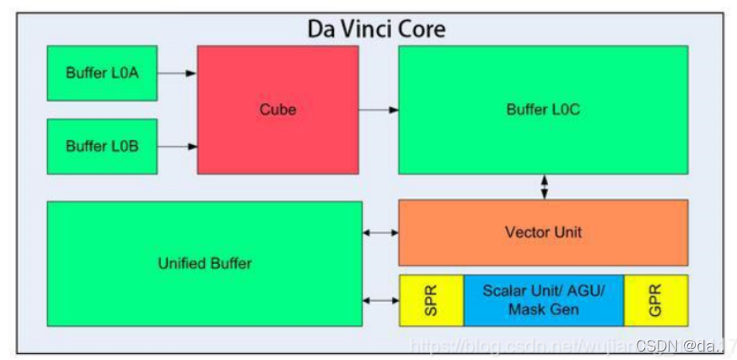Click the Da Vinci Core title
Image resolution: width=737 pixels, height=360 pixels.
click(375, 29)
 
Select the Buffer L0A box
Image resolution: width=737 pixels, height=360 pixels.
click(102, 73)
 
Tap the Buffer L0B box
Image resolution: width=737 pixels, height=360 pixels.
click(102, 146)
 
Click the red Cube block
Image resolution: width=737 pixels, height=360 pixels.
click(277, 110)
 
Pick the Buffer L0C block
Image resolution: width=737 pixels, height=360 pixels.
click(542, 110)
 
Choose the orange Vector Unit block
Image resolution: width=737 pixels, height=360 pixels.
click(542, 232)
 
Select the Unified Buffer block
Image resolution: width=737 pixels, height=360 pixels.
click(204, 263)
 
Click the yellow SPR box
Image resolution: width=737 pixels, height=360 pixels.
click(431, 300)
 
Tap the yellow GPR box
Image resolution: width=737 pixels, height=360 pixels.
click(655, 300)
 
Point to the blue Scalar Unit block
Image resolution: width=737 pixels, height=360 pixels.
click(543, 300)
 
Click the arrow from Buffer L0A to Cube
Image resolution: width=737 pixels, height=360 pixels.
click(177, 73)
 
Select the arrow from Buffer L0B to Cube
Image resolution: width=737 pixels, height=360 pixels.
click(177, 146)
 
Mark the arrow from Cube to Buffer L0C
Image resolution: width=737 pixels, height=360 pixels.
click(378, 110)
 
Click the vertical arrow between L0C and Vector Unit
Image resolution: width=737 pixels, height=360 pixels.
click(544, 186)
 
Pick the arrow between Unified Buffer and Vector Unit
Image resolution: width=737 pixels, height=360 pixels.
click(380, 233)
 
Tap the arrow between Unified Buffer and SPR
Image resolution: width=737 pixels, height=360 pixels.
click(380, 300)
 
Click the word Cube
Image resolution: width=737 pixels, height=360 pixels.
click(277, 110)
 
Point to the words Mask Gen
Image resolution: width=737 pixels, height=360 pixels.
click(543, 309)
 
